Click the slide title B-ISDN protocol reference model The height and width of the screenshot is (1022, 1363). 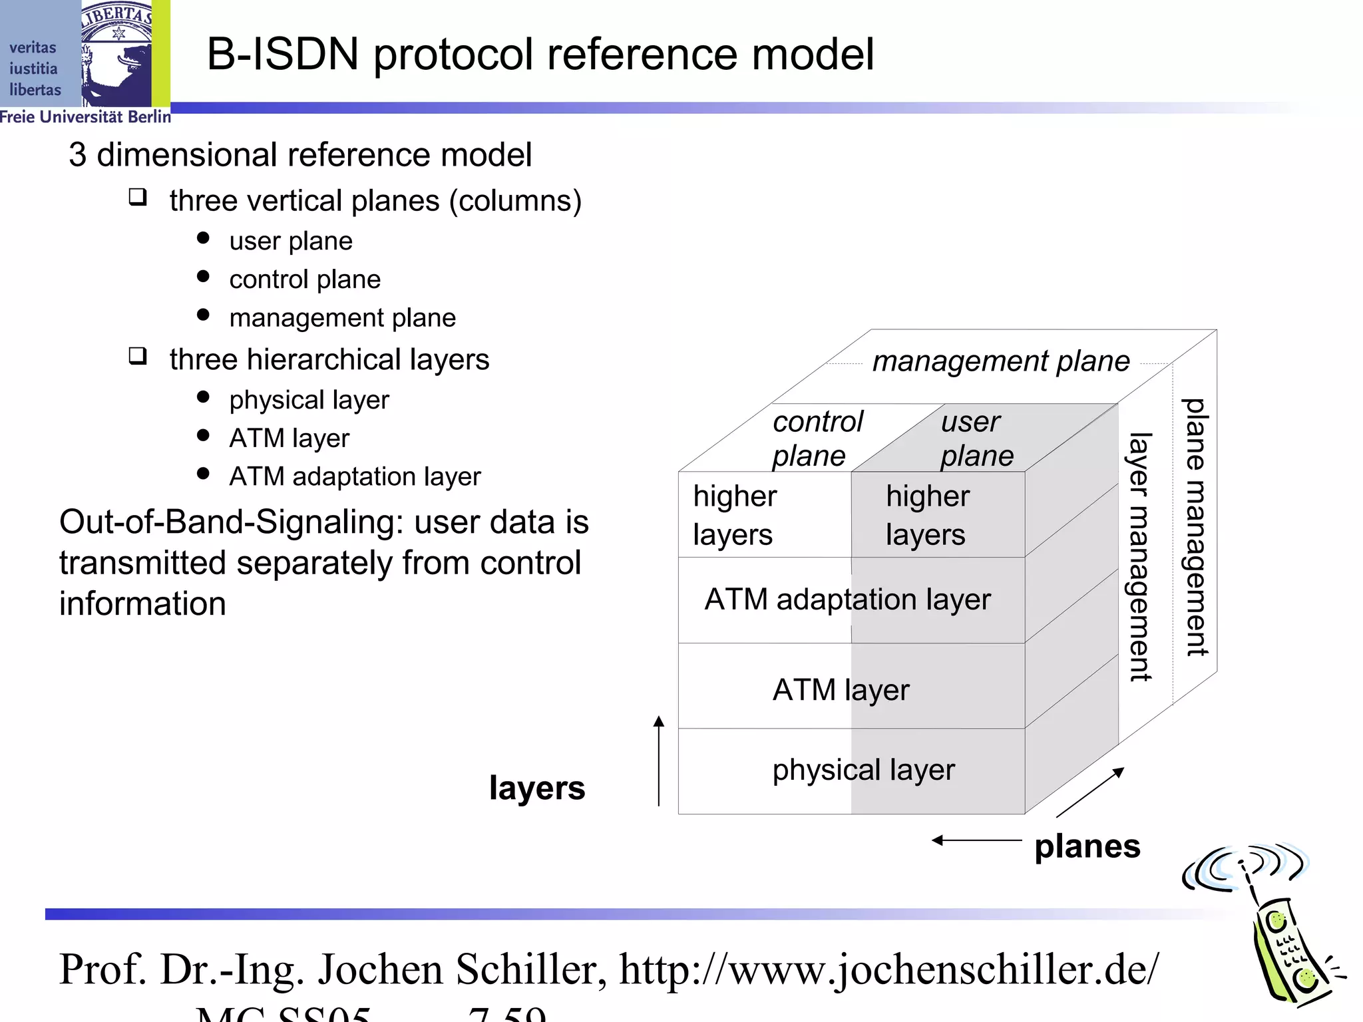point(540,55)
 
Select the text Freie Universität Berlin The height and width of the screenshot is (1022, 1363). point(85,117)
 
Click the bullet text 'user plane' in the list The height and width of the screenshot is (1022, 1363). point(291,241)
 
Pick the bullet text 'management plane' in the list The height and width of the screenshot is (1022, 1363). point(342,318)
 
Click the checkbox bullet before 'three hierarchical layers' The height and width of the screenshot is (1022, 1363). point(138,356)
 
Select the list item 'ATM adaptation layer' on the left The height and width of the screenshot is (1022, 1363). point(355,476)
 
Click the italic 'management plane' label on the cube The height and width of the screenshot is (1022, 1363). point(1000,361)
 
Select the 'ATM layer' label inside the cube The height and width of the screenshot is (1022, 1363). point(841,690)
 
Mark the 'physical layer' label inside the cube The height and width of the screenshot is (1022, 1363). point(863,770)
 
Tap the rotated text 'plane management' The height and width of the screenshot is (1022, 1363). point(1195,527)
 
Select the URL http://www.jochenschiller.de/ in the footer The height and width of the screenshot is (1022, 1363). point(888,969)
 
